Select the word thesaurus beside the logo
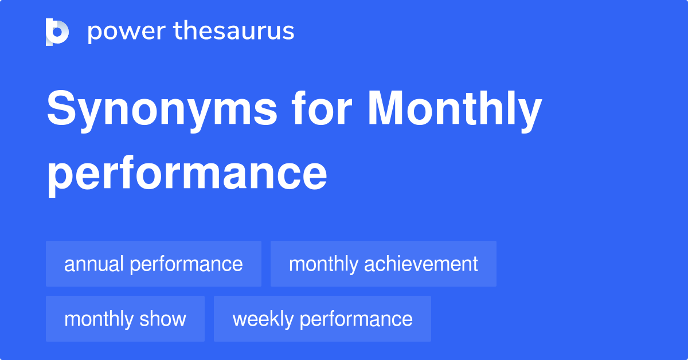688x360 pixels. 234,32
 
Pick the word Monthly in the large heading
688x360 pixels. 454,110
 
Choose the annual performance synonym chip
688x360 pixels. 154,264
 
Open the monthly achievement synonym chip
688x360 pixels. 383,264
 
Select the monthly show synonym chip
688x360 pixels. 125,319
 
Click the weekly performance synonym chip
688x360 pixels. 322,319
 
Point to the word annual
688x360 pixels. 94,264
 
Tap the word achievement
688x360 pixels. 421,264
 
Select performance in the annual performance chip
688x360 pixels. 186,264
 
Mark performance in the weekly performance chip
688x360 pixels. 355,319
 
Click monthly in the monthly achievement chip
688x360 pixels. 324,264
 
